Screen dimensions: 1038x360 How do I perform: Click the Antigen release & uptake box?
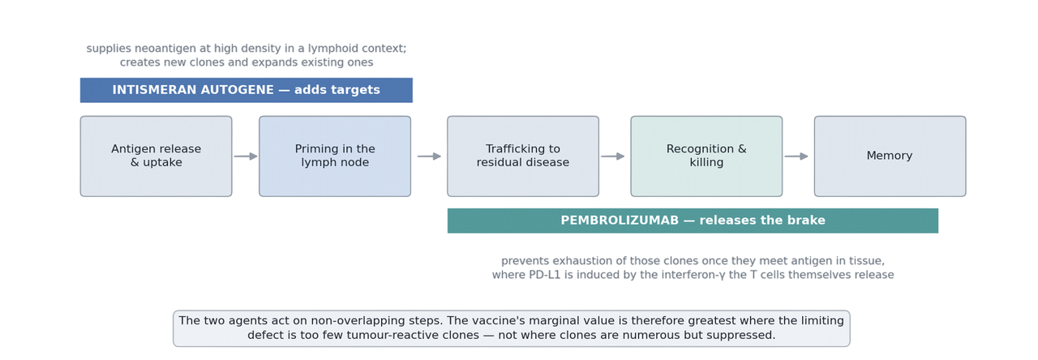click(x=157, y=156)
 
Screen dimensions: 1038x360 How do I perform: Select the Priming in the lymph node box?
click(x=335, y=156)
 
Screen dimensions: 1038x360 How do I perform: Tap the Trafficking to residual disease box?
click(x=523, y=156)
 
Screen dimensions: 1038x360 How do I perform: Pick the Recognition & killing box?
click(x=706, y=156)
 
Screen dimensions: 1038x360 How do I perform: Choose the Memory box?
click(x=890, y=156)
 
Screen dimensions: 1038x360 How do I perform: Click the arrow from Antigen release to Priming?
click(x=246, y=156)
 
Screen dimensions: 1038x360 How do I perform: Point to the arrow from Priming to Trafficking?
click(x=429, y=156)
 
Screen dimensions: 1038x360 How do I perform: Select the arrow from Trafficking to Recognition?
click(x=612, y=156)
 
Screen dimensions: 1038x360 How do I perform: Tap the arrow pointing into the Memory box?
click(x=796, y=156)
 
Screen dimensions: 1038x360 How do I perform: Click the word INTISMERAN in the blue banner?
click(x=152, y=90)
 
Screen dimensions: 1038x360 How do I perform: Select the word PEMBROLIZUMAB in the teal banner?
click(x=620, y=220)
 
